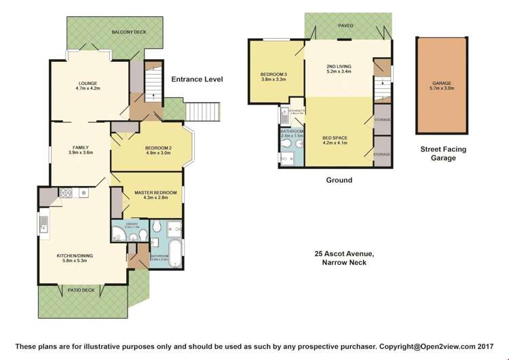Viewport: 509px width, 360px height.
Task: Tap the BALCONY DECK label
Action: point(129,32)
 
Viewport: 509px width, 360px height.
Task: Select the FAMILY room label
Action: point(80,147)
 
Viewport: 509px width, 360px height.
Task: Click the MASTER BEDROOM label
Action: point(155,193)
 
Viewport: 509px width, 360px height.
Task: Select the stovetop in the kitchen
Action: point(67,193)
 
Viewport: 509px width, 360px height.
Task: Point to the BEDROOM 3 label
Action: point(274,75)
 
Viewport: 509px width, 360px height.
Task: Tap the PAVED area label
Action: point(347,25)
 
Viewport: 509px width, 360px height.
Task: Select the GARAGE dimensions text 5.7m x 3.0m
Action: point(441,88)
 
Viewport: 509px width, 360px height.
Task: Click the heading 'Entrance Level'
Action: point(197,79)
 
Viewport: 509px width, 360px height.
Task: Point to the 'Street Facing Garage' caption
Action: point(442,154)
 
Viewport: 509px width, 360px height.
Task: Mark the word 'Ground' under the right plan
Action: point(339,180)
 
